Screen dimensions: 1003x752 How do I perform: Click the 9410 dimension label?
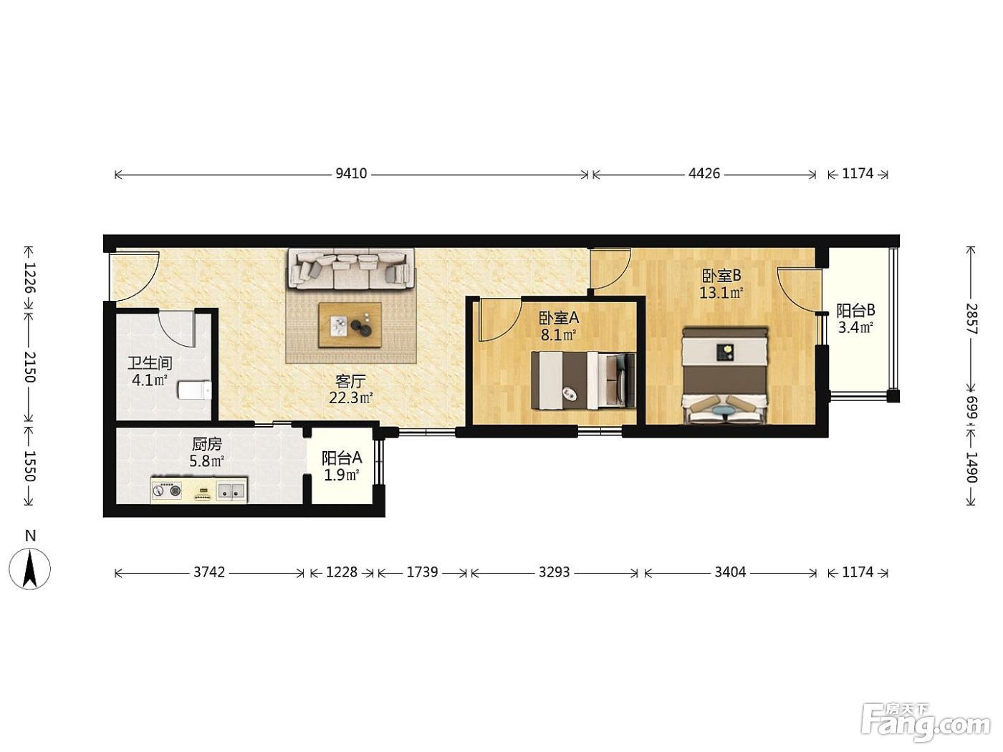pyautogui.click(x=351, y=173)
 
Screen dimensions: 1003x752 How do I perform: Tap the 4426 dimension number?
pyautogui.click(x=704, y=173)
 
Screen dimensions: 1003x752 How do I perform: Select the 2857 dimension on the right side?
pyautogui.click(x=971, y=319)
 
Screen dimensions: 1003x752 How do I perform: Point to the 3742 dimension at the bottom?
pyautogui.click(x=208, y=572)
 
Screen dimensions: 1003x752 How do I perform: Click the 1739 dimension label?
pyautogui.click(x=422, y=572)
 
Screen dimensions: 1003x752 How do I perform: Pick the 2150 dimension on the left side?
pyautogui.click(x=29, y=367)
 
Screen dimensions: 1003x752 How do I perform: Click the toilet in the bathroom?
pyautogui.click(x=195, y=390)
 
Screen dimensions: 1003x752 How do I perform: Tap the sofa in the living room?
pyautogui.click(x=351, y=269)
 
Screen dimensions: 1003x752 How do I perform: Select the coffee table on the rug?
pyautogui.click(x=350, y=324)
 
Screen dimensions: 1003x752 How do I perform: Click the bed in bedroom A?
pyautogui.click(x=583, y=380)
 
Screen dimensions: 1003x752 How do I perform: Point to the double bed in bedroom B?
pyautogui.click(x=724, y=375)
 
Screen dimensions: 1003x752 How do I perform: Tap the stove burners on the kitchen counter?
pyautogui.click(x=166, y=491)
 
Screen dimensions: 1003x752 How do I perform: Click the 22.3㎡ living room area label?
pyautogui.click(x=351, y=398)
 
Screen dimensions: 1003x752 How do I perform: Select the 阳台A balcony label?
pyautogui.click(x=342, y=458)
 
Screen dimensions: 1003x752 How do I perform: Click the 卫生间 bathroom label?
pyautogui.click(x=150, y=363)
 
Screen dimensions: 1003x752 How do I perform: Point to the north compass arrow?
pyautogui.click(x=30, y=569)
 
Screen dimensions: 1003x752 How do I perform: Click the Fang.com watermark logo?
pyautogui.click(x=926, y=723)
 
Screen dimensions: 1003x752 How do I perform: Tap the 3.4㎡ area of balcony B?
pyautogui.click(x=855, y=327)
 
